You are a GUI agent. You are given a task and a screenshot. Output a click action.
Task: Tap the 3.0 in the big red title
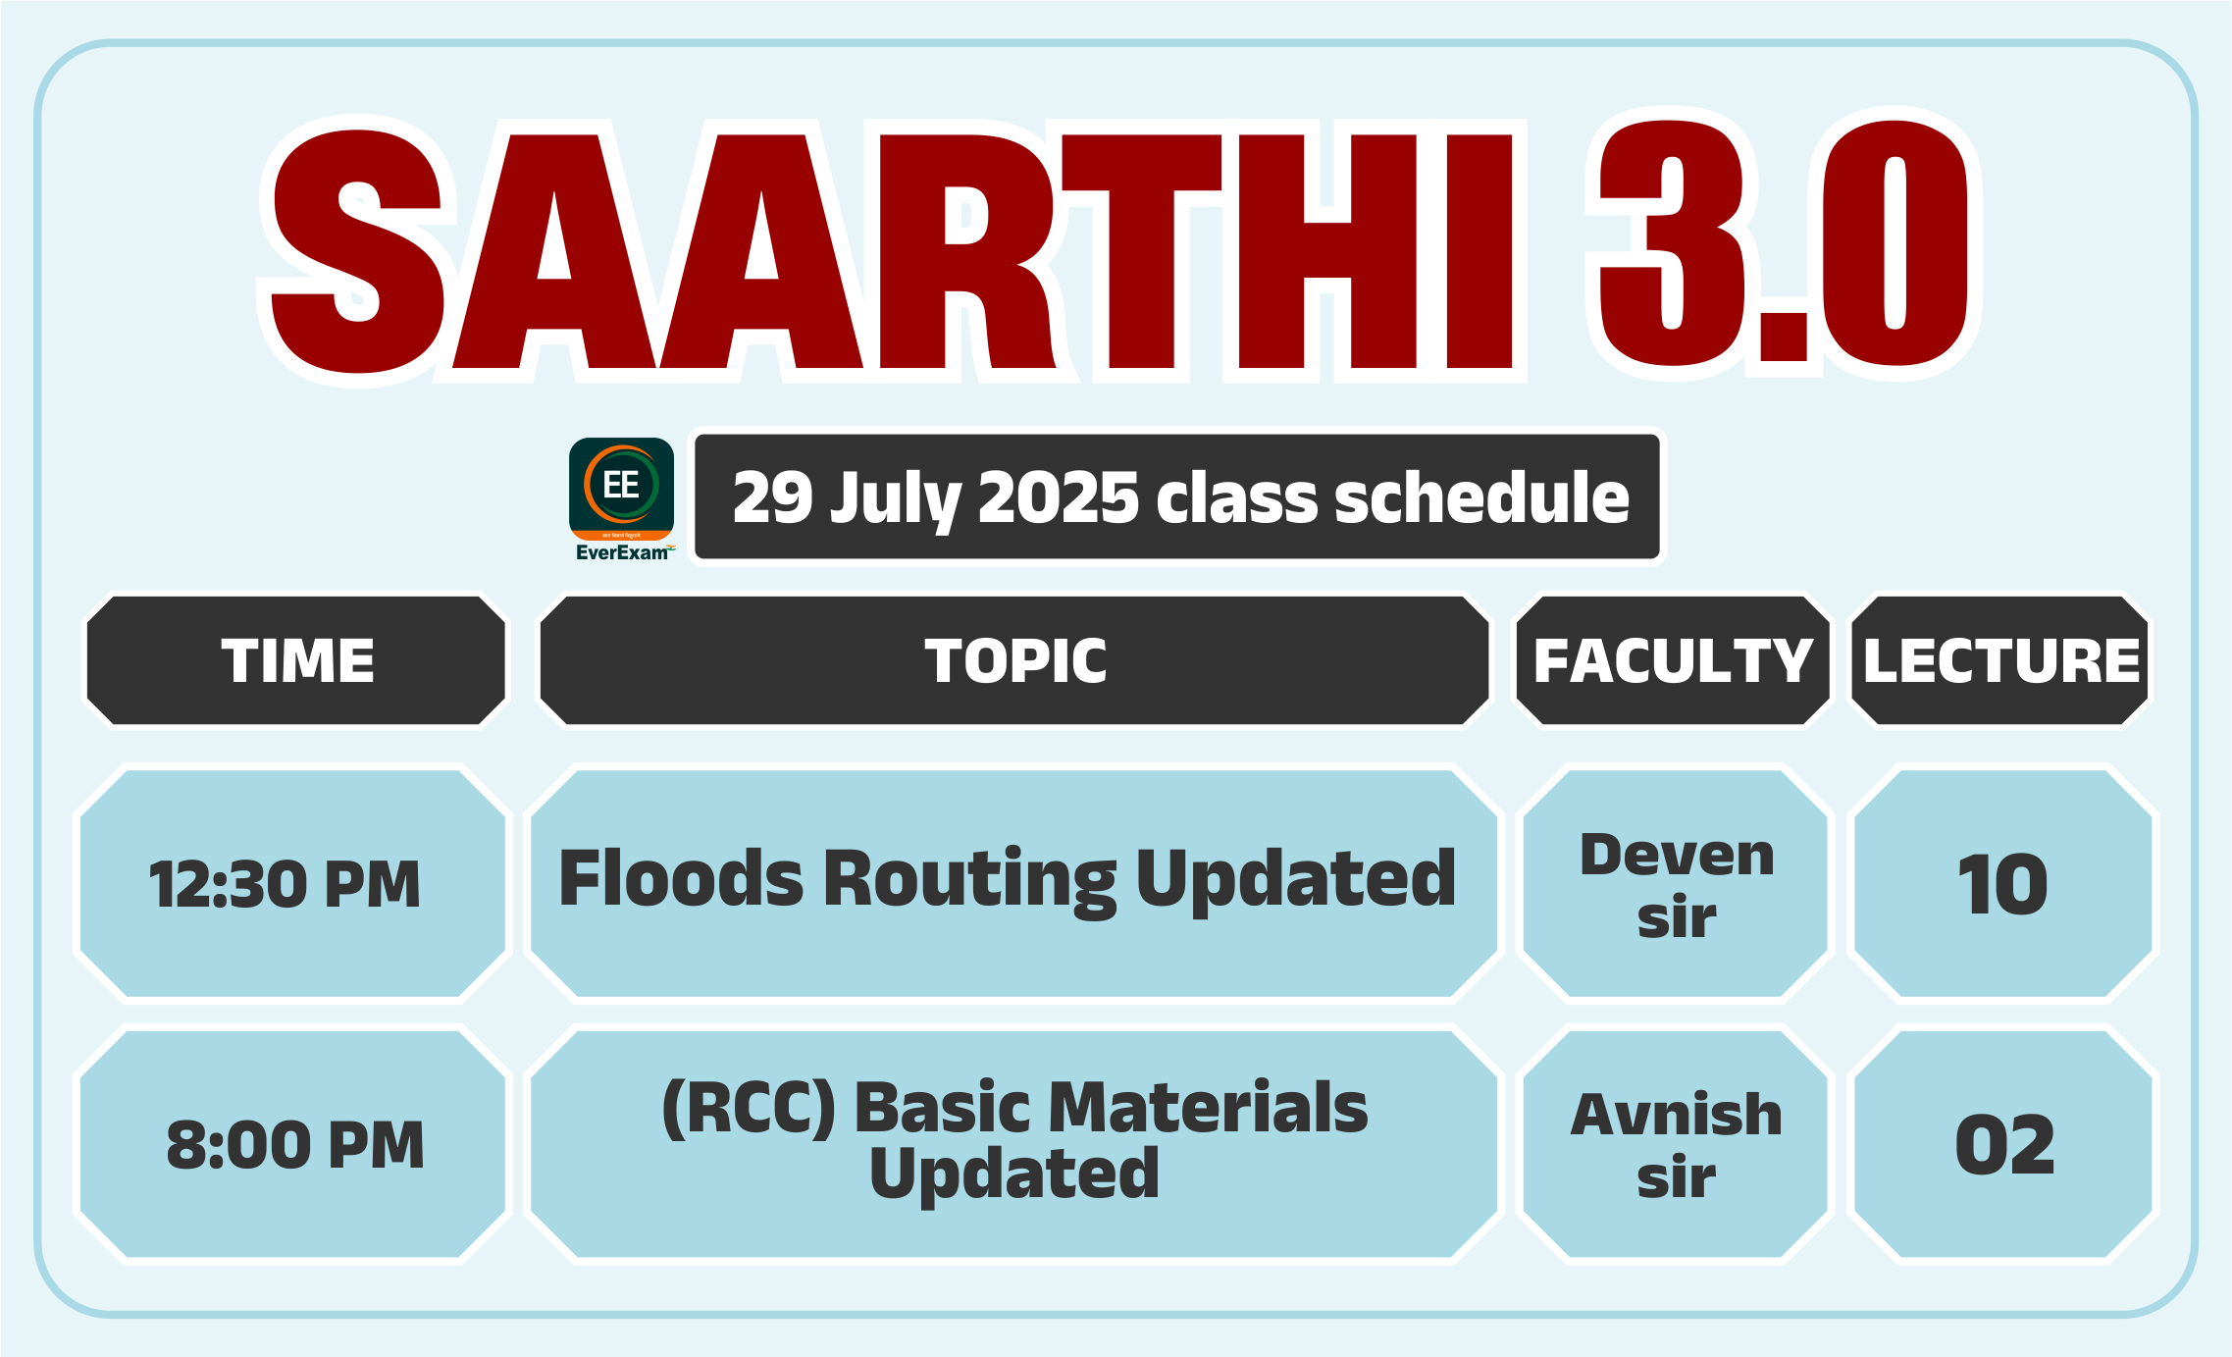pos(1784,243)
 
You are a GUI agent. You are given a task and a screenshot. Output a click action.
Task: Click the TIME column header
pos(297,660)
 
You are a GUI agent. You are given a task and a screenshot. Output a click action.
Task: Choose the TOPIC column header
pos(1015,660)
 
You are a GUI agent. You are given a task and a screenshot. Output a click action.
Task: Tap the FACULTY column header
pos(1673,660)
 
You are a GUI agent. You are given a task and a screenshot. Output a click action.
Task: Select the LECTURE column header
pos(2000,660)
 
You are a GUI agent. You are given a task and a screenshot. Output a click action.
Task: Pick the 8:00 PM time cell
pos(293,1144)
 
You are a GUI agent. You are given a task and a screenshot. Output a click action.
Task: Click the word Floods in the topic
pos(682,877)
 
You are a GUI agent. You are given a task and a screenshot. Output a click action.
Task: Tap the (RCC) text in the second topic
pos(749,1108)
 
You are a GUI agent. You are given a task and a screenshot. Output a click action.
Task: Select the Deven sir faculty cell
pos(1676,884)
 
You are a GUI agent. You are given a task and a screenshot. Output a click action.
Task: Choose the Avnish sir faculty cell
pos(1676,1144)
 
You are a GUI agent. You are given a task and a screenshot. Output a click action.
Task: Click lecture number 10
pos(2002,884)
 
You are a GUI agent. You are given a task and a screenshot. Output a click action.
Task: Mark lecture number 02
pos(2004,1144)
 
